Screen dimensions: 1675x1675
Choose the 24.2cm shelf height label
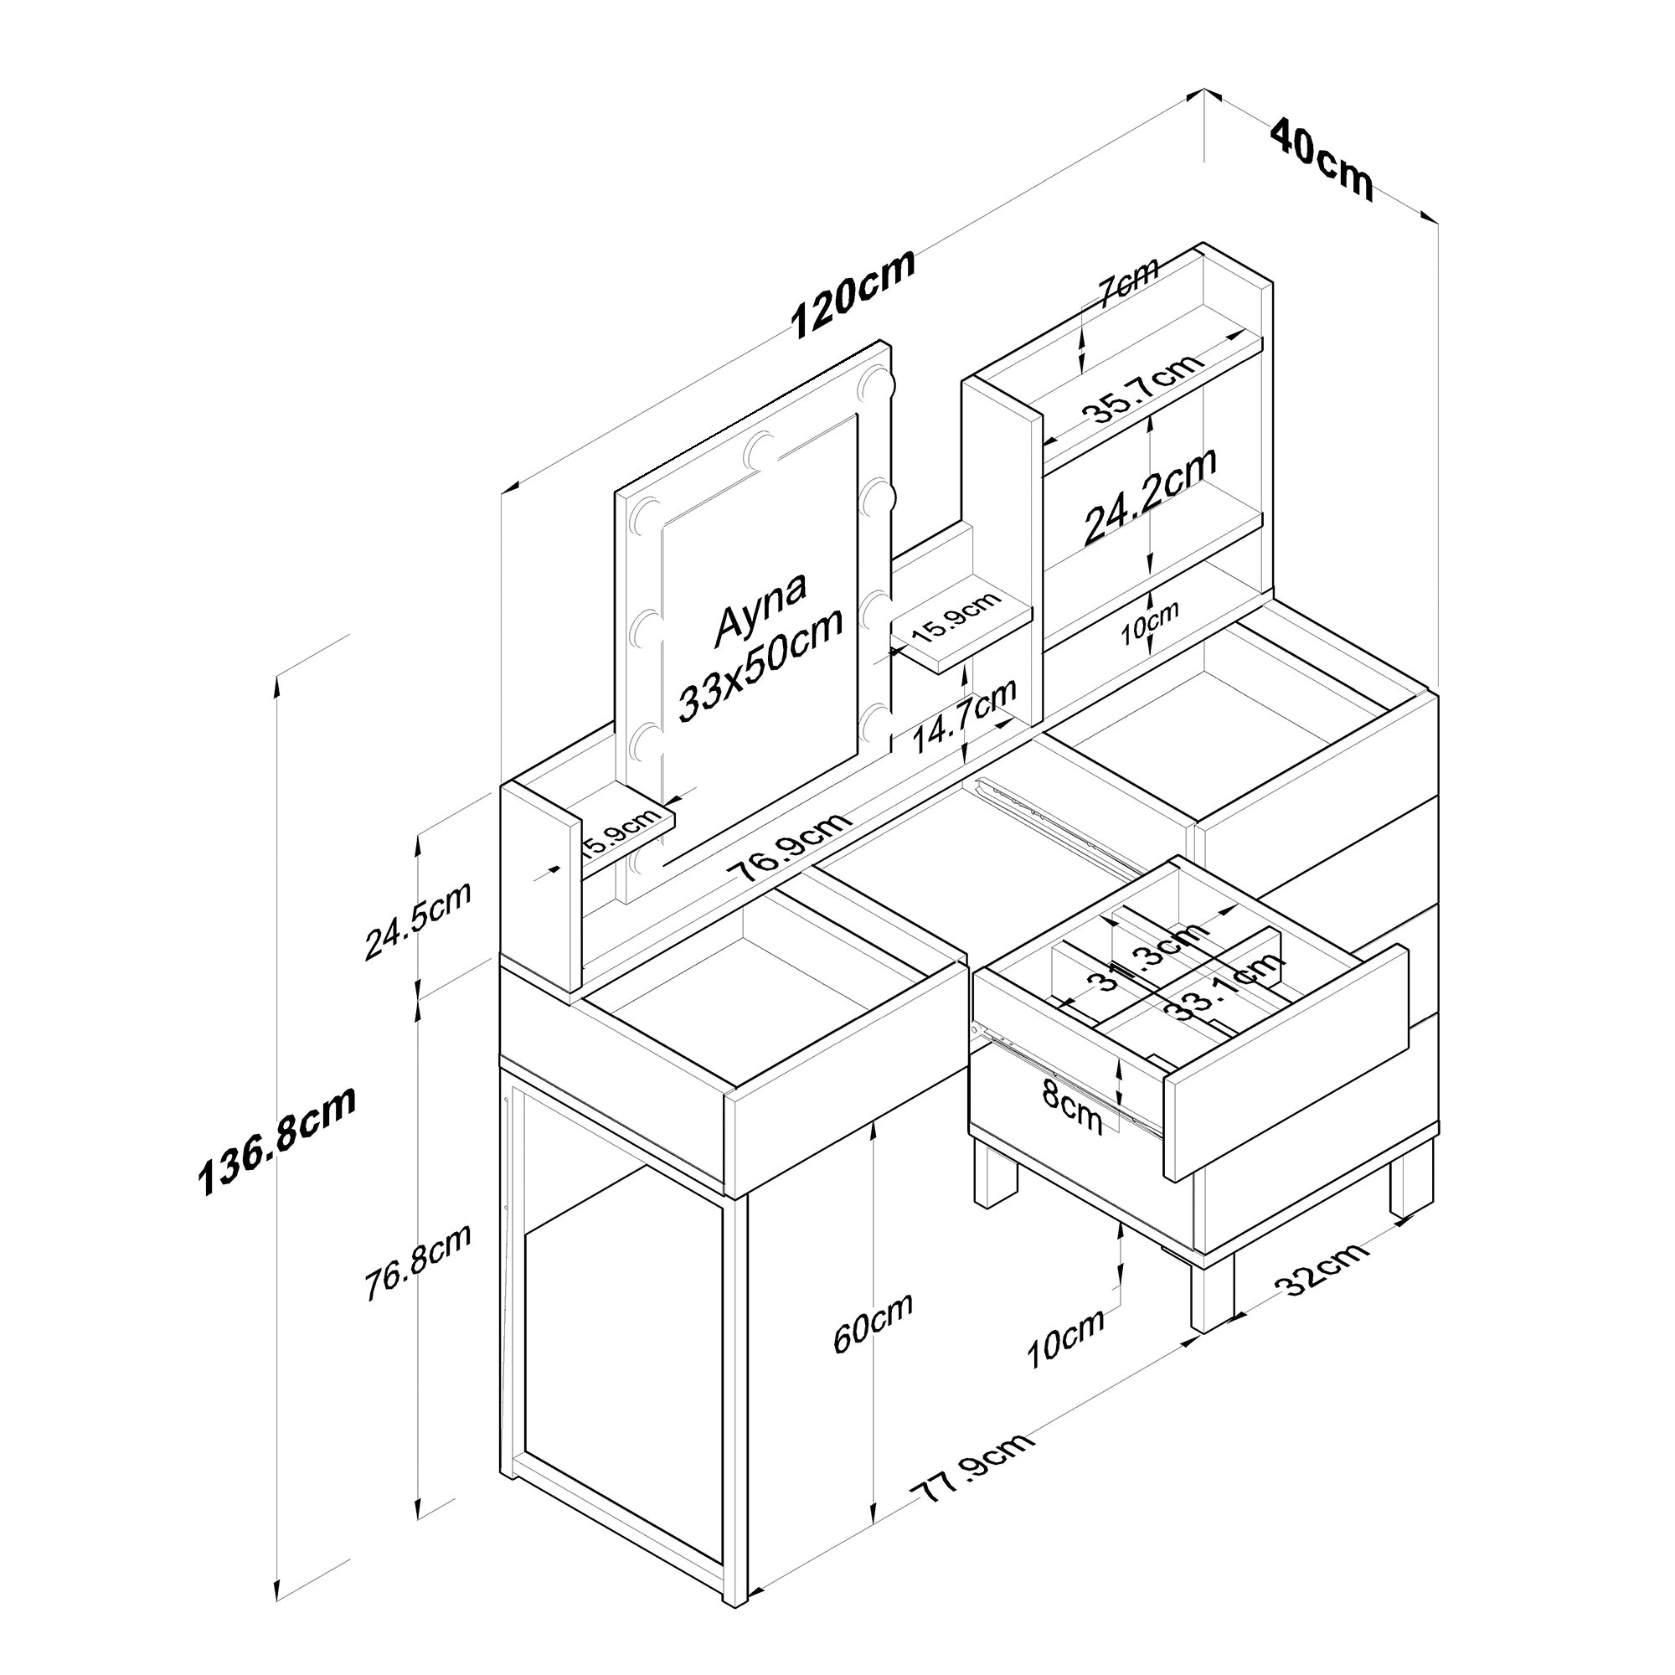1150,495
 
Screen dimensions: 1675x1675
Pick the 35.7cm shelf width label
1147,389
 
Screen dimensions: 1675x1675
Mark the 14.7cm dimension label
964,716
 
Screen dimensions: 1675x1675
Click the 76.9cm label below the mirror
789,845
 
